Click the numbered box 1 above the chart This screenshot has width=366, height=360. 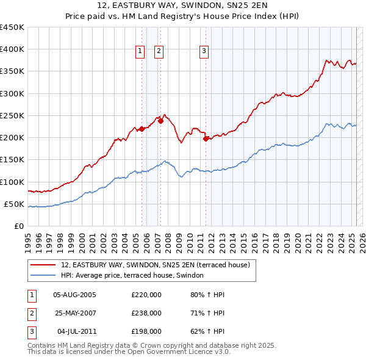[x=140, y=51]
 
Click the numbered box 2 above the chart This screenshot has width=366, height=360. [x=159, y=51]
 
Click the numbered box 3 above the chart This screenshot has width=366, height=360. [x=204, y=51]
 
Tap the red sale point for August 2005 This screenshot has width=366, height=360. [x=142, y=129]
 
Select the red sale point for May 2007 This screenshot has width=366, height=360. [x=161, y=121]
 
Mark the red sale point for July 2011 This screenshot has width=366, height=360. [x=206, y=139]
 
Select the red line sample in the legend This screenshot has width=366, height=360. [x=44, y=265]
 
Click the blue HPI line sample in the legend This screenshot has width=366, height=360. [x=44, y=276]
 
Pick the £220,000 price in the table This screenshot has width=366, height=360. [x=146, y=295]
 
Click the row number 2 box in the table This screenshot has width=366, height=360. [x=30, y=313]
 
